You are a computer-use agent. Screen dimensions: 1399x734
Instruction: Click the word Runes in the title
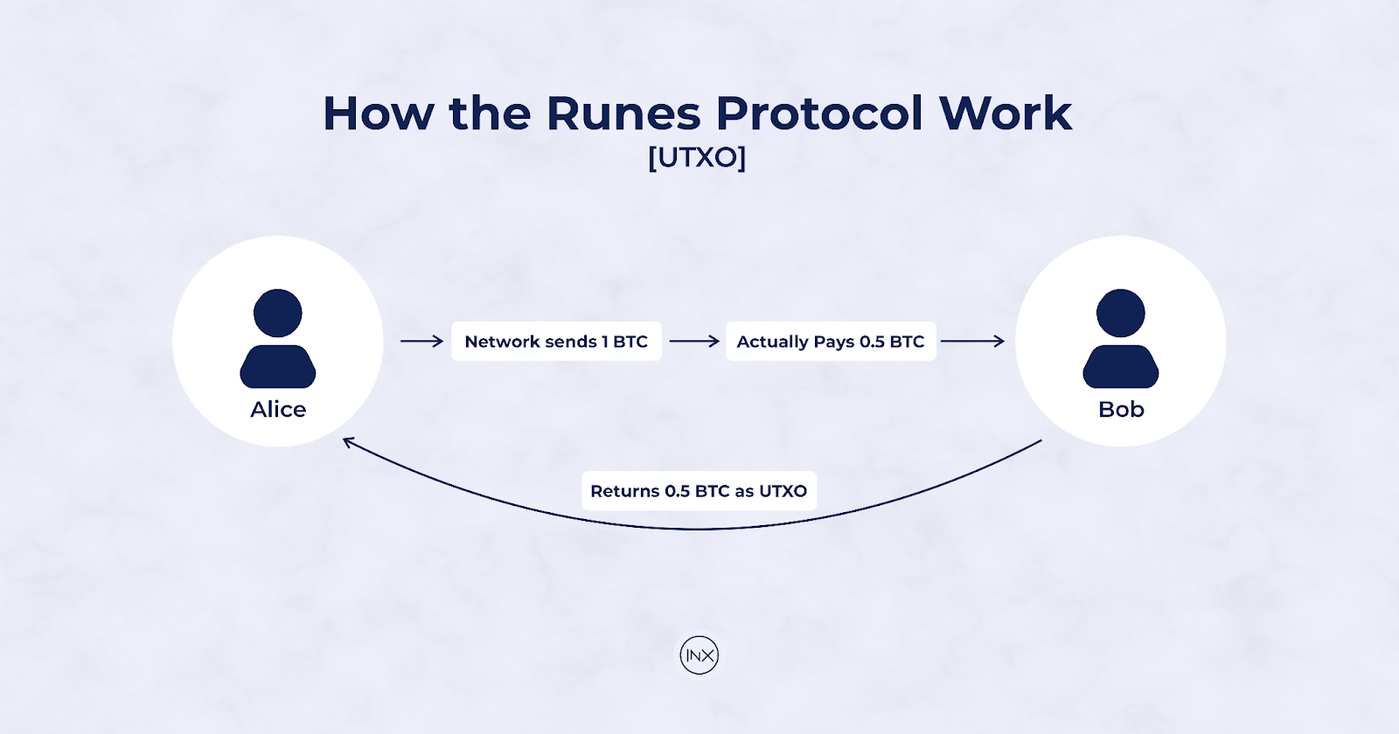623,114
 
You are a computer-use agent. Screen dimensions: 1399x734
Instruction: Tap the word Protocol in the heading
818,114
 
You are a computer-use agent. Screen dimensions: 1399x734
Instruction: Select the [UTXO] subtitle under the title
697,157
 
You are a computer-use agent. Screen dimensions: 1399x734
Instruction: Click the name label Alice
278,410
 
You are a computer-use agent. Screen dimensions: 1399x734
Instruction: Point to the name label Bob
1121,410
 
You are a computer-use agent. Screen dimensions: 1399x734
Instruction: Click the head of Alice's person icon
278,313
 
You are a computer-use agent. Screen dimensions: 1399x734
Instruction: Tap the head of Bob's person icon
1121,313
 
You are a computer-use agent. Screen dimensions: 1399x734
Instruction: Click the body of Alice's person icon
278,366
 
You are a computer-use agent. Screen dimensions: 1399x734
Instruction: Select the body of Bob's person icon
1121,366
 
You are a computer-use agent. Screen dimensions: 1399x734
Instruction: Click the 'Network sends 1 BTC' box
556,342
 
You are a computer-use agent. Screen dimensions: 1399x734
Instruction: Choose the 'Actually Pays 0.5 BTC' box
831,342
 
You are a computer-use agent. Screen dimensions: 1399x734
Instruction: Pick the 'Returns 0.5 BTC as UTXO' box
699,491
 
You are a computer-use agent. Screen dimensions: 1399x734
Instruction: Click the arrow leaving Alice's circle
421,342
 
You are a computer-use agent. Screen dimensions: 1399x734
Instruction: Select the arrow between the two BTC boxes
694,342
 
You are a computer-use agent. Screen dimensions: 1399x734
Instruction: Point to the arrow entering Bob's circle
972,342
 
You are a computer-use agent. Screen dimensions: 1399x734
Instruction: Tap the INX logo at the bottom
699,655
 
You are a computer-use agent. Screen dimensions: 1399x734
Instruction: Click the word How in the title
379,114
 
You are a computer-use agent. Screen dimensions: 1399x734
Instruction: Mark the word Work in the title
1006,114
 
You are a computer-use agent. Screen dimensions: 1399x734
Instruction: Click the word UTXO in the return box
783,491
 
